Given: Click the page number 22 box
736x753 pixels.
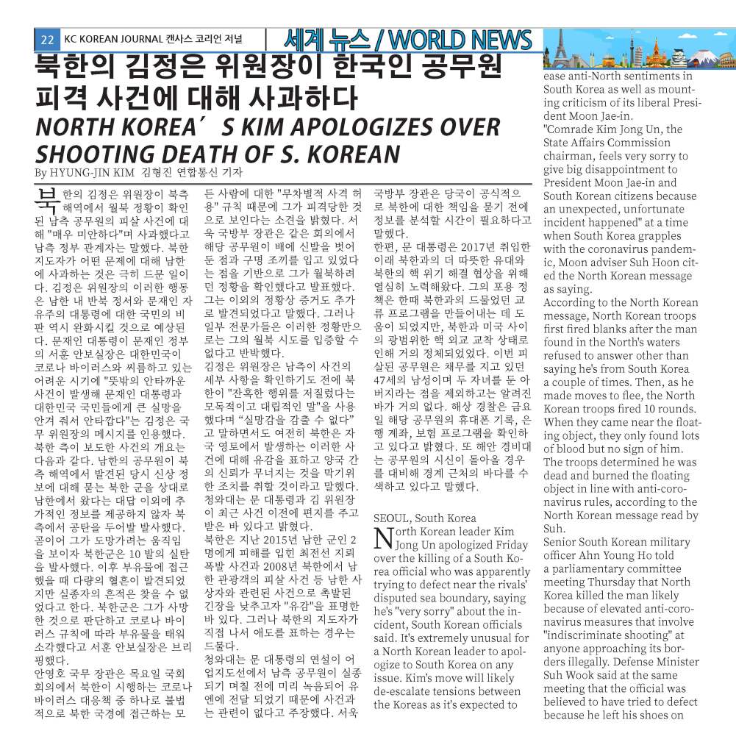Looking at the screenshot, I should (46, 40).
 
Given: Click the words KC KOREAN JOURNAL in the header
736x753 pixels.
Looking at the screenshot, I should (111, 40).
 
